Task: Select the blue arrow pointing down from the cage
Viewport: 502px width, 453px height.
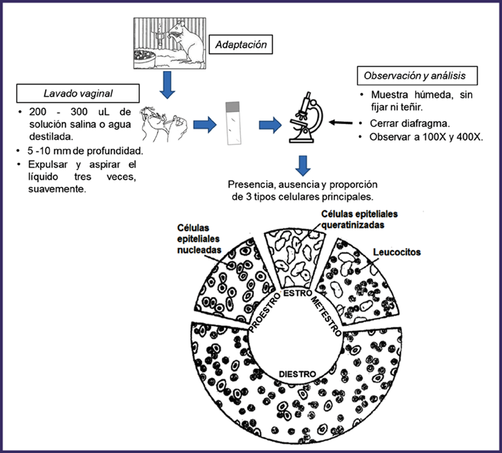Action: (167, 84)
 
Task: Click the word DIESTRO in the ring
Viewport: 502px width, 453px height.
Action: (296, 374)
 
